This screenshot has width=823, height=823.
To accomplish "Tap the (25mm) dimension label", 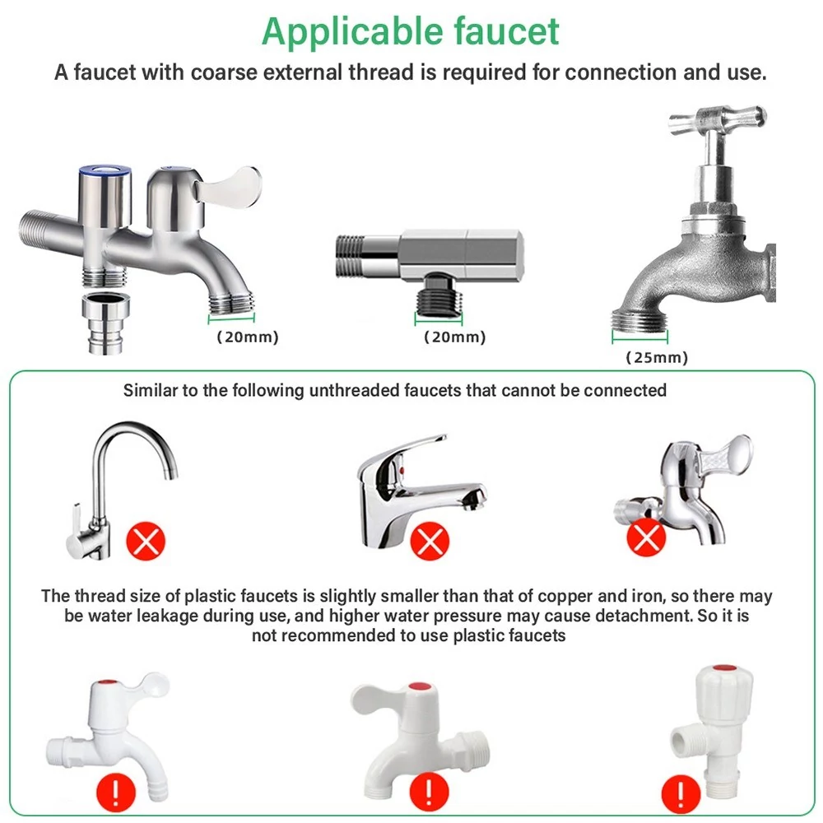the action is pyautogui.click(x=657, y=357).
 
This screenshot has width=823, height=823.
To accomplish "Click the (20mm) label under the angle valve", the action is pyautogui.click(x=454, y=337).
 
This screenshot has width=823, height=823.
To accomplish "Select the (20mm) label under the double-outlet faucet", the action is pyautogui.click(x=247, y=337).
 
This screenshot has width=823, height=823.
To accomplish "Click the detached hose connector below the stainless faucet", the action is pyautogui.click(x=106, y=323).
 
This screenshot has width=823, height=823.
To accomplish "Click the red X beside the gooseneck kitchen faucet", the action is pyautogui.click(x=146, y=541).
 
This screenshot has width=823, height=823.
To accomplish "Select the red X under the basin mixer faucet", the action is pyautogui.click(x=430, y=541).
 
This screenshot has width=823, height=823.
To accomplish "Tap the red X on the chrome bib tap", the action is pyautogui.click(x=646, y=537).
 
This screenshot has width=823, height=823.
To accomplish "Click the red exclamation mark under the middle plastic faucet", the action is pyautogui.click(x=429, y=792).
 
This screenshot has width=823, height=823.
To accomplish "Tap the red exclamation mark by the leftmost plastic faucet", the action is pyautogui.click(x=116, y=793).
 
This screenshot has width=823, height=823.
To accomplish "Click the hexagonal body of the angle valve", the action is pyautogui.click(x=462, y=254).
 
